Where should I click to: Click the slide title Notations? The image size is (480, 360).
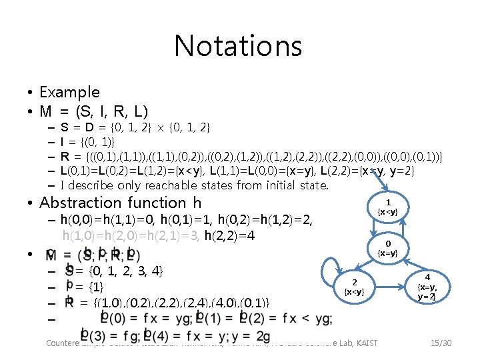(x=238, y=46)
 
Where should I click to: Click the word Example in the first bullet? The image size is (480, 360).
(x=69, y=92)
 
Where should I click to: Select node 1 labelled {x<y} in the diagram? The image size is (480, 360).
(x=388, y=206)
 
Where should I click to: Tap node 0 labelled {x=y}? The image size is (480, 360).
(x=388, y=248)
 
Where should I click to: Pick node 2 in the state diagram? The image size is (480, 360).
(x=355, y=287)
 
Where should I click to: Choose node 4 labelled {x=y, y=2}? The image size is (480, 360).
(x=428, y=287)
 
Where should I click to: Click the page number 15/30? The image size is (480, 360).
(x=441, y=343)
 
